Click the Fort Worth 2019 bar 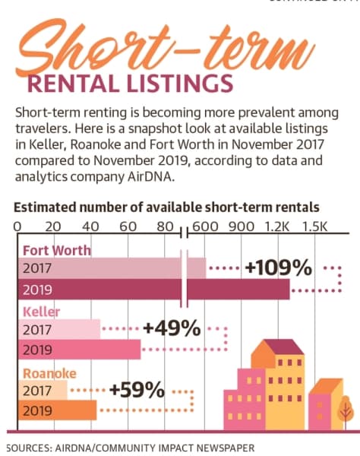click(x=153, y=289)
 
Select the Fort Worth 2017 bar click(x=112, y=268)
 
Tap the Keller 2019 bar click(x=79, y=350)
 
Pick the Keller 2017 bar click(x=59, y=329)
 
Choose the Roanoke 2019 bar click(x=57, y=410)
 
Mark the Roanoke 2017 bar click(x=43, y=390)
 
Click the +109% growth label click(x=278, y=268)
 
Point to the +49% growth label click(x=172, y=328)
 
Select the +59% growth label click(x=137, y=390)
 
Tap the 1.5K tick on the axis click(x=314, y=226)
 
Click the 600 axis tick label click(x=205, y=226)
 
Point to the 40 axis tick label click(x=90, y=226)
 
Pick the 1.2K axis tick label click(x=277, y=226)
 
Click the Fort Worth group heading click(x=57, y=250)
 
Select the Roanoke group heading click(x=49, y=373)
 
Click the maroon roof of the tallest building click(x=284, y=347)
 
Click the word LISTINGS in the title click(x=180, y=84)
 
